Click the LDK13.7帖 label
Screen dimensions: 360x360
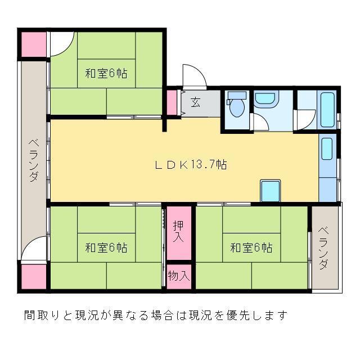click(x=191, y=165)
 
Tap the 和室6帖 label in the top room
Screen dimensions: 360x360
click(x=106, y=73)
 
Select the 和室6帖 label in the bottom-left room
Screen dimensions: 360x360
click(x=106, y=247)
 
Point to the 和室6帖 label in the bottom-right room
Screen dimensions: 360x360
click(x=251, y=247)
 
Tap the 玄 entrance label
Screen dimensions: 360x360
click(x=195, y=102)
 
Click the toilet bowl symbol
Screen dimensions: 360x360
click(x=236, y=106)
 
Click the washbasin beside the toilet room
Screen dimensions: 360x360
click(x=264, y=100)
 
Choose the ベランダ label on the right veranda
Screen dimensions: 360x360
click(x=325, y=248)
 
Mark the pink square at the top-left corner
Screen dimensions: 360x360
click(x=33, y=44)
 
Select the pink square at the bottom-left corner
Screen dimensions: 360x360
click(x=33, y=276)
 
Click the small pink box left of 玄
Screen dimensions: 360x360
click(x=171, y=102)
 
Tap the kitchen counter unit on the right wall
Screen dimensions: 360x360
click(x=327, y=167)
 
